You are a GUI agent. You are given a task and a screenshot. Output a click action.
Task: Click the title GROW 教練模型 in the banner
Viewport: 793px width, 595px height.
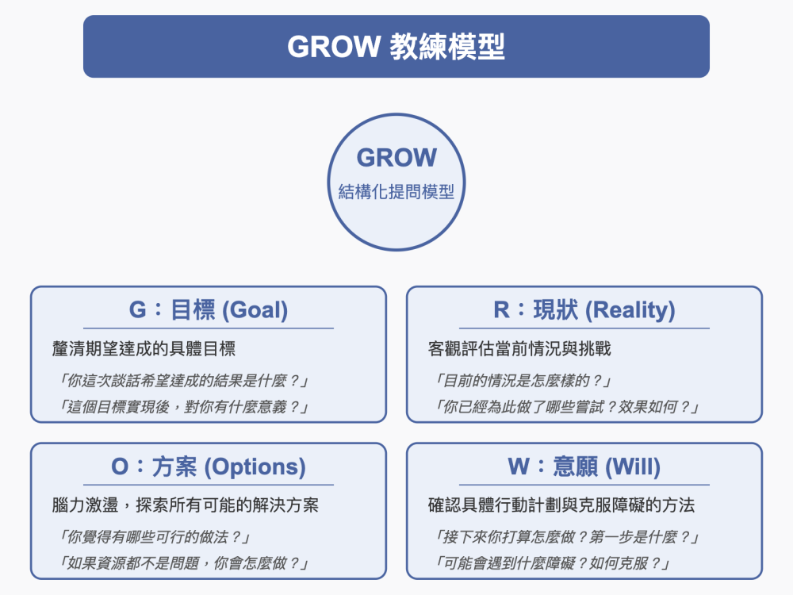click(396, 47)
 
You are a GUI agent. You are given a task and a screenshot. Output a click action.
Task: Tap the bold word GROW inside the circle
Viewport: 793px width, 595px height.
click(396, 157)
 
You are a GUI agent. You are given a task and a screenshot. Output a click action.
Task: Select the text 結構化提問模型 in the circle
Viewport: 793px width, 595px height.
click(396, 192)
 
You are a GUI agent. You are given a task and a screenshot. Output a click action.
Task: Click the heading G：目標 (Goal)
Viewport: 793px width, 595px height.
click(209, 309)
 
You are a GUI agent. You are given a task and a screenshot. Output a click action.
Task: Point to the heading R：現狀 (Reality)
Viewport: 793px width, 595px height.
click(584, 309)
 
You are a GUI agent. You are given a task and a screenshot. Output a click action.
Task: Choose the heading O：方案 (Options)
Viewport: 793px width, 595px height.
click(209, 466)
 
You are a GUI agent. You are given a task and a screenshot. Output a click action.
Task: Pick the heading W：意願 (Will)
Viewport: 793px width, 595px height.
click(584, 466)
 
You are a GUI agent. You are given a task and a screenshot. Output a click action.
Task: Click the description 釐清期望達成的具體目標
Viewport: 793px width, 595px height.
click(144, 348)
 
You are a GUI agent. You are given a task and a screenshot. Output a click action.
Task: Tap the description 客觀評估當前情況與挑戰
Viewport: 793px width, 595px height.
click(519, 348)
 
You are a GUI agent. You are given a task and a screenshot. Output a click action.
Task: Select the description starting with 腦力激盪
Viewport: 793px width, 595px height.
click(185, 505)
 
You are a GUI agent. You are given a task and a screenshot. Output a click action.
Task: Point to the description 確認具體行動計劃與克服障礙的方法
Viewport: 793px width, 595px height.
click(561, 505)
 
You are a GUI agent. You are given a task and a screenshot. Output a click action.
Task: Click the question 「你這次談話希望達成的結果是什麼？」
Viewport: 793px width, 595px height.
click(184, 381)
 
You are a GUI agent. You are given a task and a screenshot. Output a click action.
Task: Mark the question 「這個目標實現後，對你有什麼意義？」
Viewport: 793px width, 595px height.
click(184, 407)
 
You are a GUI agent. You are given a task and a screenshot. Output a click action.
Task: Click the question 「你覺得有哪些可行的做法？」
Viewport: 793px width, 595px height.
click(155, 537)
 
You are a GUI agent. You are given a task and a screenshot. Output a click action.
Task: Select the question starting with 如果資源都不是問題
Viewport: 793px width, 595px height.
click(184, 563)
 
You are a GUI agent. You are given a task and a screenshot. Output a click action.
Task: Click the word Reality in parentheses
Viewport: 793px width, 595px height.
click(630, 310)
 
